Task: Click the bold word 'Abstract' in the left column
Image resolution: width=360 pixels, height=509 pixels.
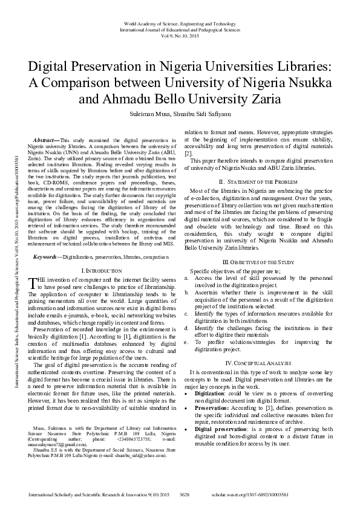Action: [x=47, y=140]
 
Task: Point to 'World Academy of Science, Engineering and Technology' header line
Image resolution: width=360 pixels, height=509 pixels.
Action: [x=180, y=21]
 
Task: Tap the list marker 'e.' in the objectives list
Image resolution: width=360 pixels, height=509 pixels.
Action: [x=186, y=342]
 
